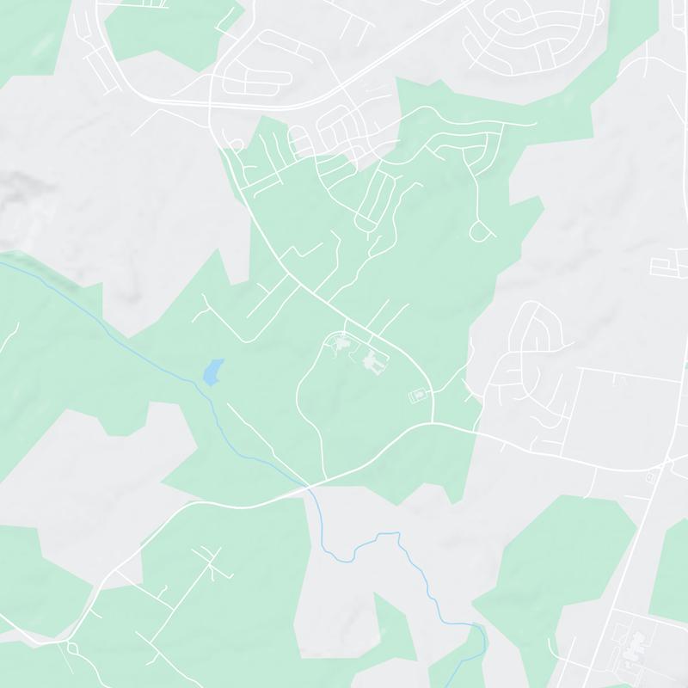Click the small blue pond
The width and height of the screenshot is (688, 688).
212,372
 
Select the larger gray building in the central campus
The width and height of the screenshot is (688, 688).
374,363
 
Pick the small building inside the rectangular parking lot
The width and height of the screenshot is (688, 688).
418,395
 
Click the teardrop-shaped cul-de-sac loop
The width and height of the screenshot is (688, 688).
482,230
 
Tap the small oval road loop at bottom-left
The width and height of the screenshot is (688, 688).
71,646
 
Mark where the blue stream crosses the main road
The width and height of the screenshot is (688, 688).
308,487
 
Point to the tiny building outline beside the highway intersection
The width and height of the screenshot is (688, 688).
648,476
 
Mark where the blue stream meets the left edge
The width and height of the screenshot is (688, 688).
2,263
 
